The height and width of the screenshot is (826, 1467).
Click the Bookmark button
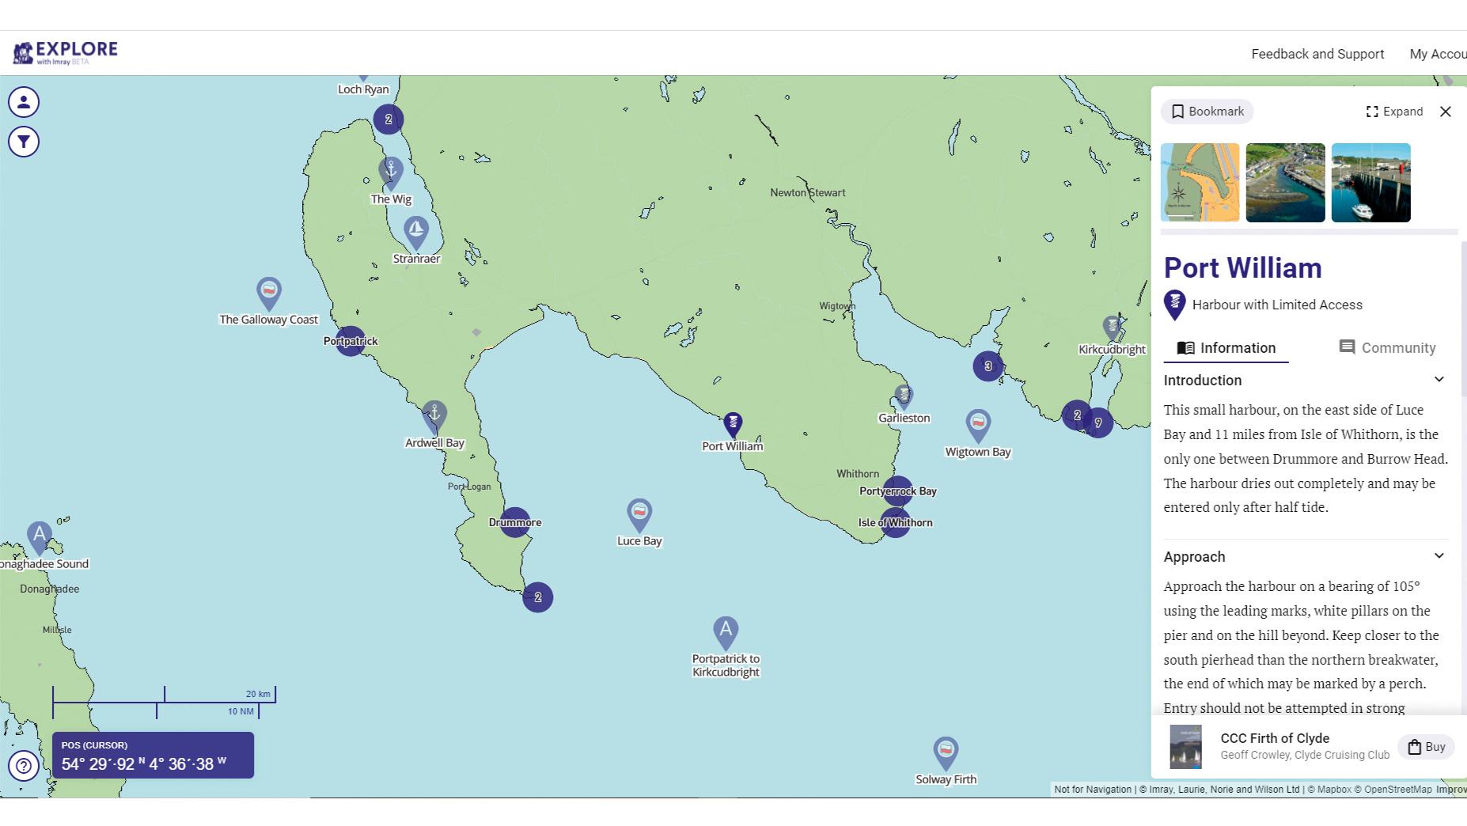pyautogui.click(x=1207, y=112)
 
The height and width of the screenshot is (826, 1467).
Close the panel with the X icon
pyautogui.click(x=1445, y=112)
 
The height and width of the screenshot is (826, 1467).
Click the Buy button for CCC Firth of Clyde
pyautogui.click(x=1426, y=747)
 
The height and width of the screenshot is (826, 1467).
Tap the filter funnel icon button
pyautogui.click(x=24, y=142)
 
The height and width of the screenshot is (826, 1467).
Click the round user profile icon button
pyautogui.click(x=24, y=102)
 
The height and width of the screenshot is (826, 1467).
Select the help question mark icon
pyautogui.click(x=24, y=766)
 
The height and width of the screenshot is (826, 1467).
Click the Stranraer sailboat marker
pyautogui.click(x=416, y=231)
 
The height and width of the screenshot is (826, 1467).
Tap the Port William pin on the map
pyautogui.click(x=733, y=423)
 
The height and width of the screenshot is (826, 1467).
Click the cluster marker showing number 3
pyautogui.click(x=987, y=366)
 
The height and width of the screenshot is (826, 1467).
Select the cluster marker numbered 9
pyautogui.click(x=1098, y=423)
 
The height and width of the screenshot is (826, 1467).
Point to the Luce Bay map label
pyautogui.click(x=639, y=541)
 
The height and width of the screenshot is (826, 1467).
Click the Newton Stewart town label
pyautogui.click(x=807, y=193)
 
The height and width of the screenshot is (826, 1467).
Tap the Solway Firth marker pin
pyautogui.click(x=946, y=750)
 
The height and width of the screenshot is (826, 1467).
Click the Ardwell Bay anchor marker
pyautogui.click(x=434, y=414)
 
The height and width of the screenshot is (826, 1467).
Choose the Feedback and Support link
pyautogui.click(x=1317, y=54)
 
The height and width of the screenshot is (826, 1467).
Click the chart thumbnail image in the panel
pyautogui.click(x=1200, y=183)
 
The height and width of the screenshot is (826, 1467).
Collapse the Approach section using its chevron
pyautogui.click(x=1439, y=556)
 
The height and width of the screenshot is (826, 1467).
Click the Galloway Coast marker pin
pyautogui.click(x=269, y=292)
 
